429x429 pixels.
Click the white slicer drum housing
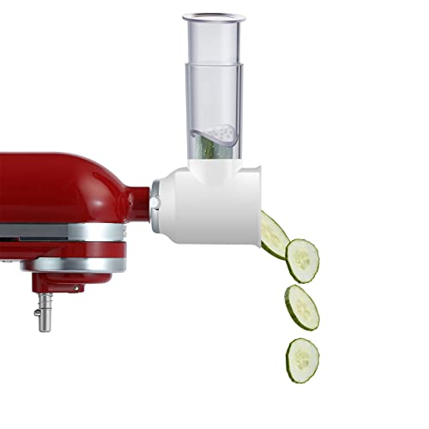pos(219,206)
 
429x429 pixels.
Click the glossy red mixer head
pos(60,184)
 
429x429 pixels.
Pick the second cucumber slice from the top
pos(302,260)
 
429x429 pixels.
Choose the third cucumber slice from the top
pos(302,305)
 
